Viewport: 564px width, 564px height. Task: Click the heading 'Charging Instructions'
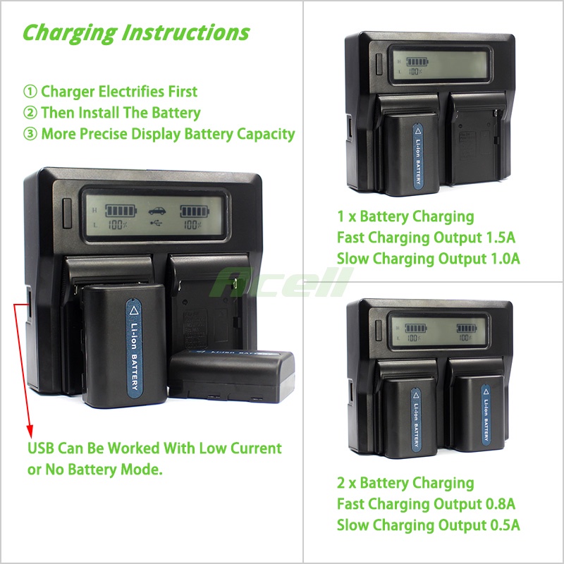point(136,32)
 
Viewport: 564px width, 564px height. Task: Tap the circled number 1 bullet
point(30,92)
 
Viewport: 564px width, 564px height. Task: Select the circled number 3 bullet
point(30,134)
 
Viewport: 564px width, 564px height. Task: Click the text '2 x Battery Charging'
point(405,483)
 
